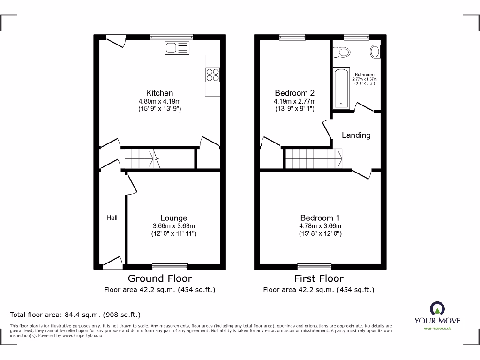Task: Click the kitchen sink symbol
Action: click(x=177, y=48)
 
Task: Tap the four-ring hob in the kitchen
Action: click(x=212, y=75)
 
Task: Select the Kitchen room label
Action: click(x=159, y=93)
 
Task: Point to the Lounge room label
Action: click(x=173, y=217)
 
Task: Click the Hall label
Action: click(x=112, y=217)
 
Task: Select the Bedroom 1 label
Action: click(x=320, y=217)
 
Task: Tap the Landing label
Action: click(x=356, y=135)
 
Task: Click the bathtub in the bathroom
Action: click(x=341, y=88)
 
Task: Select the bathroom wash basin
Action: click(x=375, y=52)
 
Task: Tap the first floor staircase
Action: click(x=313, y=158)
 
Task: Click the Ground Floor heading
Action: click(x=159, y=278)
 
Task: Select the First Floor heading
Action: click(x=319, y=278)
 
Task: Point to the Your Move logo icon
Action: click(x=437, y=308)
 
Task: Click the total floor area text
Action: click(x=75, y=315)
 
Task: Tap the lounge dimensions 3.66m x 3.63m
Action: click(x=173, y=225)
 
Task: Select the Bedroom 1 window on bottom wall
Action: click(x=314, y=266)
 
